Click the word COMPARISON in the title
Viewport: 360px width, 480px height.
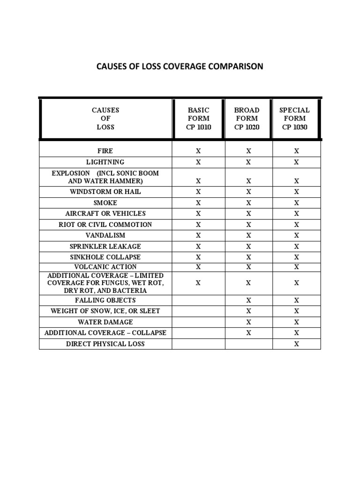pyautogui.click(x=232, y=66)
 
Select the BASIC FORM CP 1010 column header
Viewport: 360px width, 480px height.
pyautogui.click(x=199, y=119)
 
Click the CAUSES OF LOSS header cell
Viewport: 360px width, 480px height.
pyautogui.click(x=105, y=119)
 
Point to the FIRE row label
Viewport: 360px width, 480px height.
pyautogui.click(x=105, y=151)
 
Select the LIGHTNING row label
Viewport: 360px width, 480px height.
pyautogui.click(x=105, y=162)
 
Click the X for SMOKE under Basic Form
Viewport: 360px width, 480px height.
pyautogui.click(x=198, y=203)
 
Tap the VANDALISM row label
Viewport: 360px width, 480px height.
pyautogui.click(x=105, y=235)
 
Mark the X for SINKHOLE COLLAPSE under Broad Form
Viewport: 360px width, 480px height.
pyautogui.click(x=248, y=257)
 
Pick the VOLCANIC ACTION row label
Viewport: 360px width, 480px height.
pyautogui.click(x=105, y=267)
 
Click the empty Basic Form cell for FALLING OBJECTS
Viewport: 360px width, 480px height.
pyautogui.click(x=198, y=300)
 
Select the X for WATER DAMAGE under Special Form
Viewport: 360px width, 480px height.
pyautogui.click(x=296, y=322)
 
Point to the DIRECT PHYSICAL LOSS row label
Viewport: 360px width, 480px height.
pyautogui.click(x=105, y=344)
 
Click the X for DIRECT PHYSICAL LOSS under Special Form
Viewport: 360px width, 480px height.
pyautogui.click(x=296, y=344)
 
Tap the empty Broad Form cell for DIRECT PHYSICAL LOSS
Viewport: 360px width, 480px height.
pyautogui.click(x=248, y=344)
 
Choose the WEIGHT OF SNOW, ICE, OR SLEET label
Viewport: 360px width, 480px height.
pyautogui.click(x=105, y=311)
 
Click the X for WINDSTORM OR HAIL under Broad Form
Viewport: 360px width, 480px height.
pyautogui.click(x=248, y=192)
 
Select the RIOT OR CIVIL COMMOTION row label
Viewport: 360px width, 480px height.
pyautogui.click(x=105, y=225)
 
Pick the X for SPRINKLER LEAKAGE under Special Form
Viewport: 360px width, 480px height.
pyautogui.click(x=296, y=247)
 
